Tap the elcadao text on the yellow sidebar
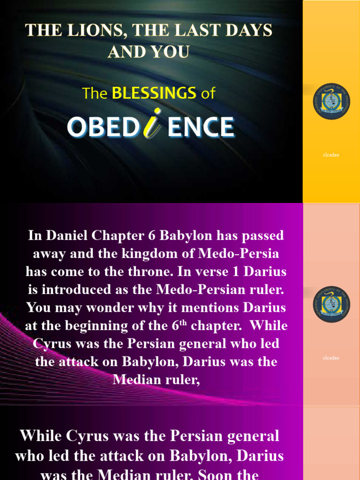(x=331, y=155)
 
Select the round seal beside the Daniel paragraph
(x=331, y=304)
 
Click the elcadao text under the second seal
(x=331, y=358)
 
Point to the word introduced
(x=76, y=290)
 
